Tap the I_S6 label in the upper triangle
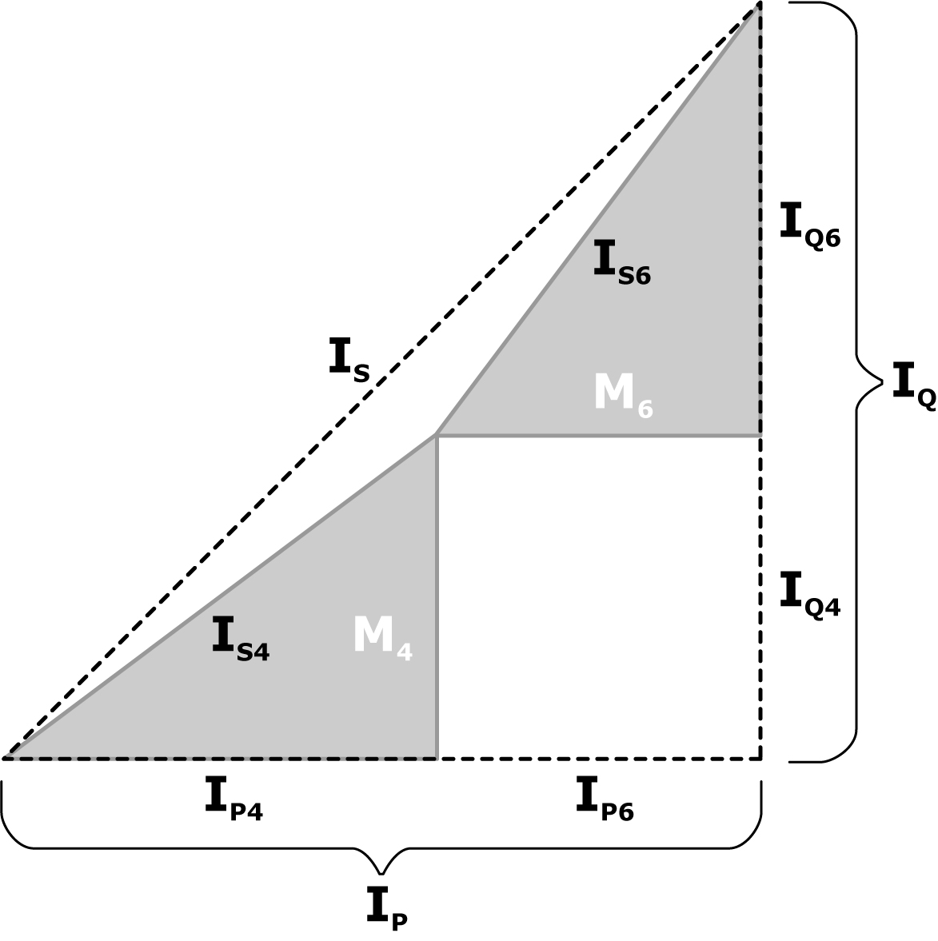[621, 262]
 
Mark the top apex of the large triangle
[758, 5]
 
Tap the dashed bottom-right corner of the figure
[760, 757]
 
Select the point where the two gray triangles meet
[437, 436]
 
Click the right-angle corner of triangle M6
[759, 436]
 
